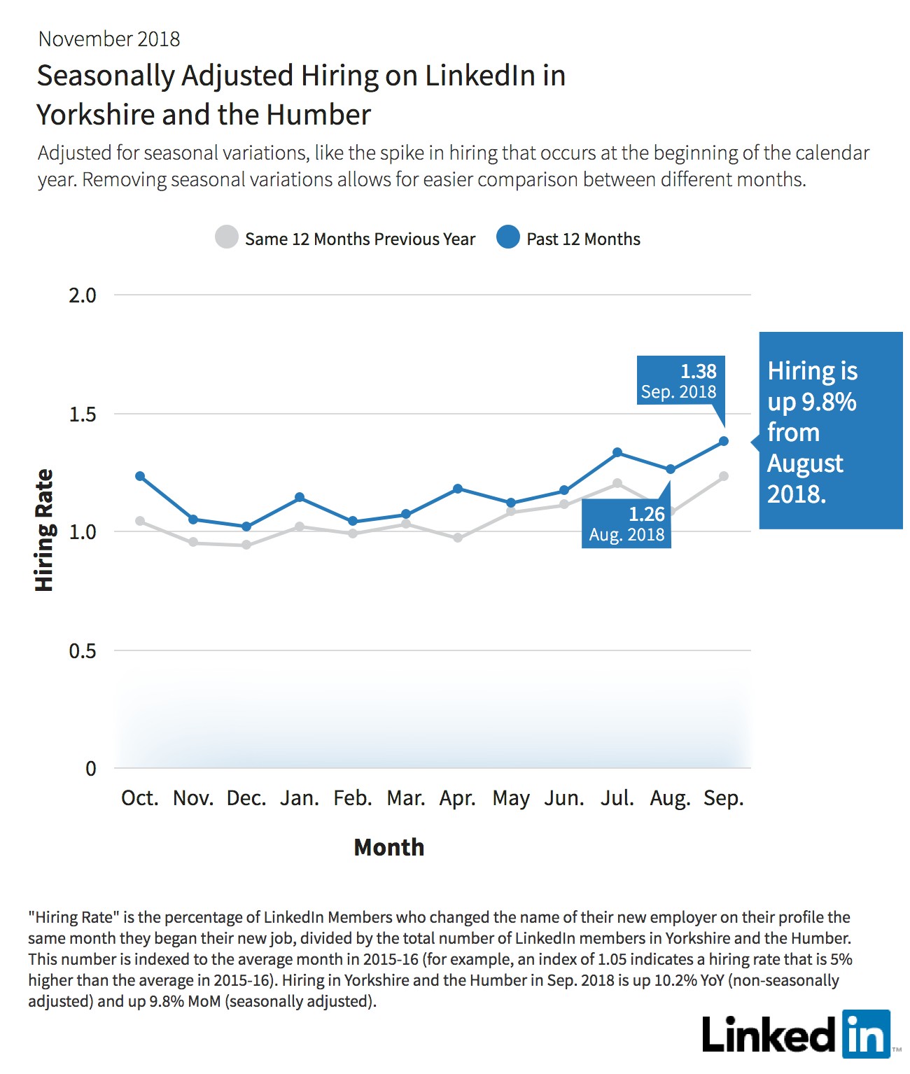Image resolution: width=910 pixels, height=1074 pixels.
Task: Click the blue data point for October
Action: pos(140,476)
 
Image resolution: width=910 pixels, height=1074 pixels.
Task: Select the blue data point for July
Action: pos(617,452)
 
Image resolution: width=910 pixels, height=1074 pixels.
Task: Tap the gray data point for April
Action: pos(458,538)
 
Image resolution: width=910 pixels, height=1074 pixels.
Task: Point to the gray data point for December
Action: pos(246,545)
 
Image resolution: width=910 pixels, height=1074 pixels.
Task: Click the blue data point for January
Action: pos(299,497)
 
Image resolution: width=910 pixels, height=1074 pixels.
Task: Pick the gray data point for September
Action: pos(724,476)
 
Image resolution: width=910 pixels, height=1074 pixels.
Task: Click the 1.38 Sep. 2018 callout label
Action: pos(680,380)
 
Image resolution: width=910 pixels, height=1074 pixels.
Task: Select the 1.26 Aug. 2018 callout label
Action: pos(626,523)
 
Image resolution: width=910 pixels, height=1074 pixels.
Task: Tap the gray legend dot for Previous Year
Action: pos(227,237)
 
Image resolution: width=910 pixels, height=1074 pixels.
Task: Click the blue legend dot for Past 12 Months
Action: pos(508,237)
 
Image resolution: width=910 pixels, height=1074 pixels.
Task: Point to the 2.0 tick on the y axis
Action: pos(83,295)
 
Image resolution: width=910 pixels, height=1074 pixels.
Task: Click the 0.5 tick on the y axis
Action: pos(83,650)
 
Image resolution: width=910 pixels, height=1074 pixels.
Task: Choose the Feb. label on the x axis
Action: pos(353,797)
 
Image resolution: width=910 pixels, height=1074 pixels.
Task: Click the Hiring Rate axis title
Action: pos(44,530)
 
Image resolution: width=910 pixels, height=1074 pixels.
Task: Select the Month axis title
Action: pos(389,847)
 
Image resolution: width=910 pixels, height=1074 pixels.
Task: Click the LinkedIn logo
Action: pos(797,1034)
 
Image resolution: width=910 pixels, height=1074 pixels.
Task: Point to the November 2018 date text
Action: pos(109,39)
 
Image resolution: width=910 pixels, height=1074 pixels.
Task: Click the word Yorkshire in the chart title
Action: pos(96,114)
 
